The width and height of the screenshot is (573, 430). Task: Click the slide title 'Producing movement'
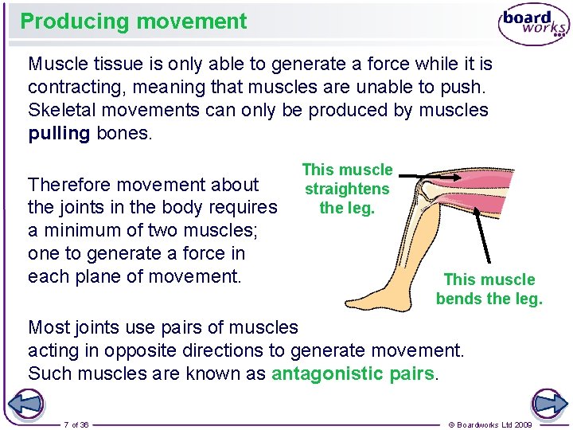pyautogui.click(x=134, y=21)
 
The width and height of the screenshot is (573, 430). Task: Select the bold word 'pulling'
pyautogui.click(x=59, y=133)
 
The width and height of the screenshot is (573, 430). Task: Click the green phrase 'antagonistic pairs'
pyautogui.click(x=353, y=373)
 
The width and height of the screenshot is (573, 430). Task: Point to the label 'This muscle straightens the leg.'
pyautogui.click(x=347, y=189)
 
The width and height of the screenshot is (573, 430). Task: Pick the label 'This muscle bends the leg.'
pyautogui.click(x=489, y=289)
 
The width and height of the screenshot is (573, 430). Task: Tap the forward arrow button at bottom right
pyautogui.click(x=549, y=405)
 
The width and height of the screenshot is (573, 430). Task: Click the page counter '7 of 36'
pyautogui.click(x=76, y=424)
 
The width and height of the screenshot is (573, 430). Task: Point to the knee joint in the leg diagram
pyautogui.click(x=430, y=191)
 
